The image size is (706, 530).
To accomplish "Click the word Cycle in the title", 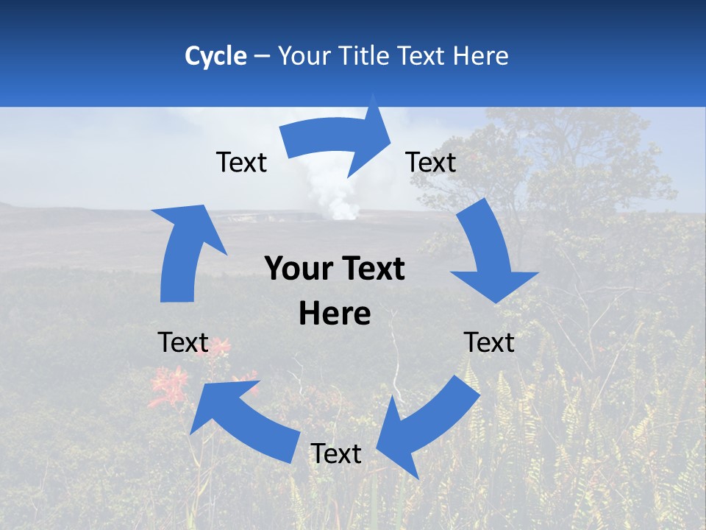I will tap(215, 56).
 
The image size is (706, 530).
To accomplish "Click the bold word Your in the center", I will tap(296, 269).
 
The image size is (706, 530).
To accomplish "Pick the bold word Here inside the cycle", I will tap(335, 314).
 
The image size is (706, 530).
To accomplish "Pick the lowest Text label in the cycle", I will tap(336, 453).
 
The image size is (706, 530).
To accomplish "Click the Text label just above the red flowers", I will tap(184, 342).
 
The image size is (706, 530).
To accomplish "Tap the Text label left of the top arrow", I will tap(241, 162).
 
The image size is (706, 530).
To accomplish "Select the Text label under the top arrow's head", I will tap(431, 162).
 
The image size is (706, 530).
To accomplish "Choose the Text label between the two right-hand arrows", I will tap(489, 342).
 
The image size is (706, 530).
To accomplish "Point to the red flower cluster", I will tap(169, 386).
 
